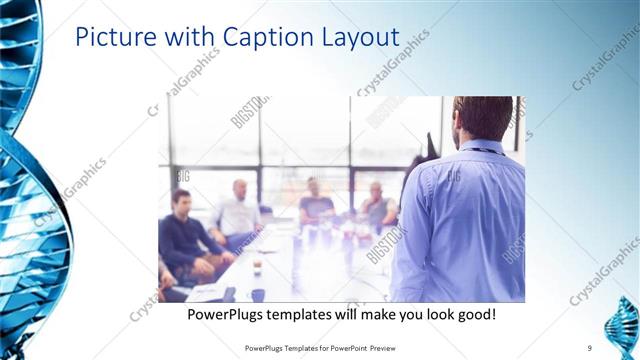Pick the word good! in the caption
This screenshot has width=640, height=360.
(x=475, y=314)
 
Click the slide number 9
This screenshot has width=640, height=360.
(x=589, y=348)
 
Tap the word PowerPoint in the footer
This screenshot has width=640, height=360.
(x=345, y=348)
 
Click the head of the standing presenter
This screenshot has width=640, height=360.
(x=484, y=117)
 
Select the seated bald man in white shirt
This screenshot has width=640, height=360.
(x=238, y=210)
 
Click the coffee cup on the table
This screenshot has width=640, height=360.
(x=257, y=268)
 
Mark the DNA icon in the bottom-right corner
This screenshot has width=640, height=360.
(x=624, y=328)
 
